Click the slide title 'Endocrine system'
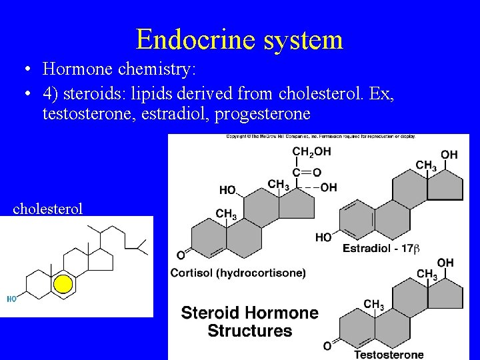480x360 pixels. click(x=239, y=39)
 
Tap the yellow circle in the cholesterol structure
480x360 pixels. click(x=63, y=285)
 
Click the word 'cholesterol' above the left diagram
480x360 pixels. click(x=48, y=209)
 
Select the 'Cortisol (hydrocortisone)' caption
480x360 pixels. click(x=238, y=273)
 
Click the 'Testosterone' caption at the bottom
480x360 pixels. click(x=389, y=354)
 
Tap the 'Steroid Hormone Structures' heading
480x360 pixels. click(x=250, y=321)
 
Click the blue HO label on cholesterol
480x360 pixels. click(x=12, y=299)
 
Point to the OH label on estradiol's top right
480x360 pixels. click(x=449, y=155)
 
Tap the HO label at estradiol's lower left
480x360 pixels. click(x=323, y=237)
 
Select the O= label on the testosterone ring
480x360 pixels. click(x=327, y=345)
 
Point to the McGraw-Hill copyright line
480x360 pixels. click(x=320, y=137)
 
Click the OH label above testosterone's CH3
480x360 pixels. click(x=445, y=263)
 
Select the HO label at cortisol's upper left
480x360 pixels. click(x=227, y=190)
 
